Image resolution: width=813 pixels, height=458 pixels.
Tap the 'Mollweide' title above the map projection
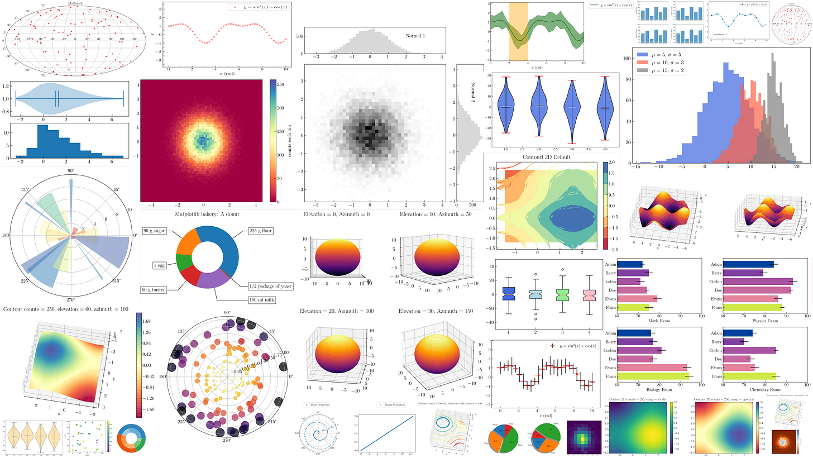point(76,3)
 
